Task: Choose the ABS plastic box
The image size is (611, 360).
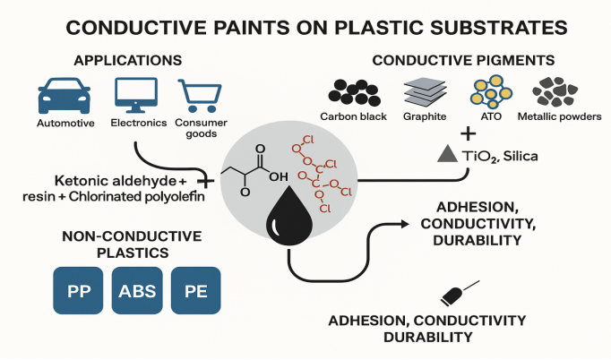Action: pyautogui.click(x=136, y=291)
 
